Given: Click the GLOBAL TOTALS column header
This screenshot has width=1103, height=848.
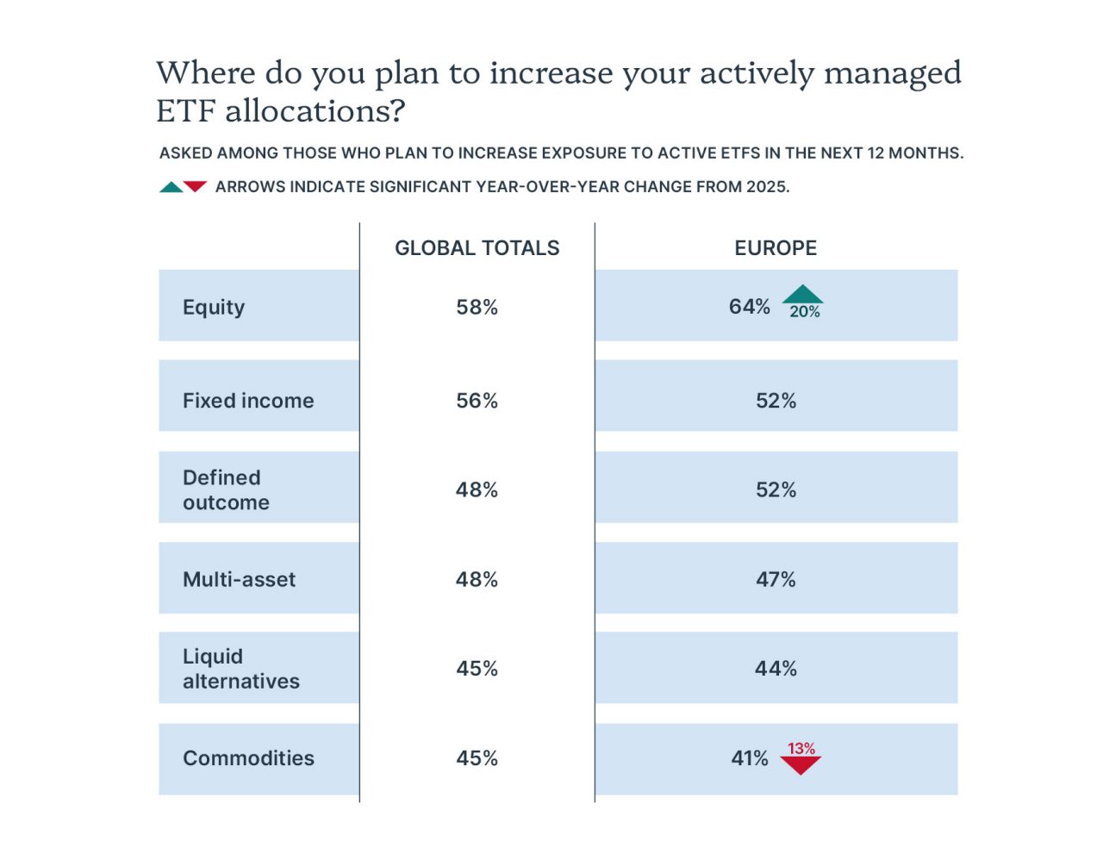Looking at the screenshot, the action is tap(477, 248).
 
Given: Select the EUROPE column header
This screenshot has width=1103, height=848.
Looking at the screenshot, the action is tap(775, 248).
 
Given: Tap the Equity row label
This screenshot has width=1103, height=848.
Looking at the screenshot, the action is tap(213, 308).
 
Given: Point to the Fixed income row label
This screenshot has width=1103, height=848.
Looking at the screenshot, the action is tap(248, 401).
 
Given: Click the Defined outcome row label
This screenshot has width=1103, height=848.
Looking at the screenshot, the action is tap(226, 489).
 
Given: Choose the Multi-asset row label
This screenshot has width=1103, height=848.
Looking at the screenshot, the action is tap(239, 579).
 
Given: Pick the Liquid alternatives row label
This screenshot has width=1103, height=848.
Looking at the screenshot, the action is tap(241, 669).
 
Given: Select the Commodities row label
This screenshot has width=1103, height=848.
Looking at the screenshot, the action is tap(248, 758).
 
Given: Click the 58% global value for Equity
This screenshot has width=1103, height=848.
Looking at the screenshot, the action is tap(477, 307).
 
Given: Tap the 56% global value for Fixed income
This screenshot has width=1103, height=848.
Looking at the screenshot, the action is tap(477, 401).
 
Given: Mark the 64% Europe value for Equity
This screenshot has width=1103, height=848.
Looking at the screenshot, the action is tap(749, 307).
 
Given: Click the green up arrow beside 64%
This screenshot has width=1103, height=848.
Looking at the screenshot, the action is tap(802, 295).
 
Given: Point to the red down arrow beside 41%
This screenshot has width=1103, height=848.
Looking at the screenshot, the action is tap(801, 764).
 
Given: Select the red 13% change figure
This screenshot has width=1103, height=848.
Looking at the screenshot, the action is tap(801, 748).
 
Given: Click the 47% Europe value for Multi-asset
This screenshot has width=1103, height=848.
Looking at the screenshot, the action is tap(776, 579).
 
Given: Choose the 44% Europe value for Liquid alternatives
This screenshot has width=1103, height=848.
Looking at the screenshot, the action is tap(776, 669).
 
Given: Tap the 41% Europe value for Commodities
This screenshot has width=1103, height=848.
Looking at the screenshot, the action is tap(749, 758).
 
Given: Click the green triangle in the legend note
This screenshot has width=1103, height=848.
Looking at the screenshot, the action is tap(171, 187).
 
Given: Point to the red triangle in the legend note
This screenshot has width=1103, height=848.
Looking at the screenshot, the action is tap(195, 186).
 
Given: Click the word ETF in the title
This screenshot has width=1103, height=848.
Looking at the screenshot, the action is tap(186, 110).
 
